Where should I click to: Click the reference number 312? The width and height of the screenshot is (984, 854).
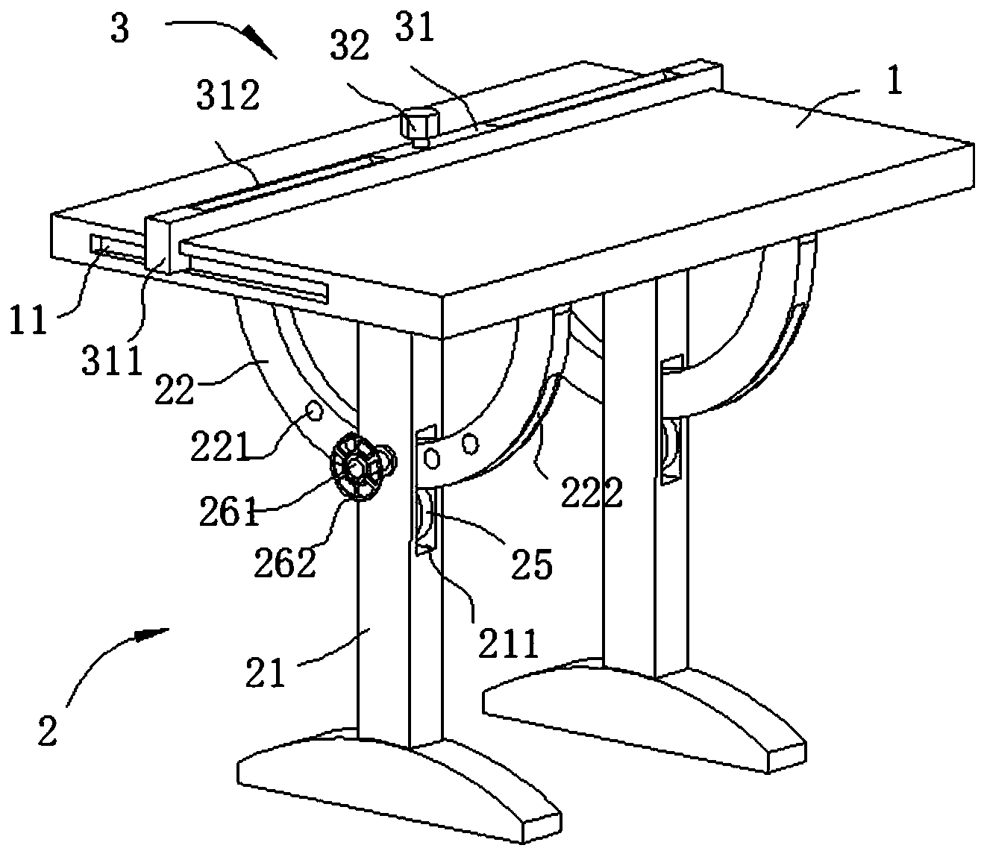coord(230,96)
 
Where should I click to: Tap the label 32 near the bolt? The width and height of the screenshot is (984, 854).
coord(350,47)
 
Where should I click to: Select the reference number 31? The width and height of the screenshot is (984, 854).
coord(417,31)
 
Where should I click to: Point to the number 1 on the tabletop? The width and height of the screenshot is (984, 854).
coord(894,81)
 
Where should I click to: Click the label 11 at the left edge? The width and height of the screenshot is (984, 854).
coord(28,324)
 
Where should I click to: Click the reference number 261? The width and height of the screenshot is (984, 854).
coord(228,513)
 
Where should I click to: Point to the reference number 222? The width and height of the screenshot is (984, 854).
coord(592,494)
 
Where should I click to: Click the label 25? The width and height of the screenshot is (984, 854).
coord(532,564)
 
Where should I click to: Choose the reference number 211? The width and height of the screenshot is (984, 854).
coord(508,643)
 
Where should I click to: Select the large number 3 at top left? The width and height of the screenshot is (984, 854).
coord(120,30)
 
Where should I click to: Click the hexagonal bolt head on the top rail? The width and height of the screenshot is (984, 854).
coord(419,122)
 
